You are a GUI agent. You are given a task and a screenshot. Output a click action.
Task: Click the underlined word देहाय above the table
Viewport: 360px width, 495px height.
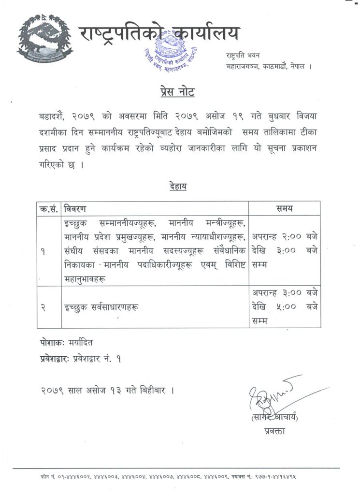(178, 186)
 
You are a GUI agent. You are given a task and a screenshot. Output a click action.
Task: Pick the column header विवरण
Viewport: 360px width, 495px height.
(76, 208)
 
